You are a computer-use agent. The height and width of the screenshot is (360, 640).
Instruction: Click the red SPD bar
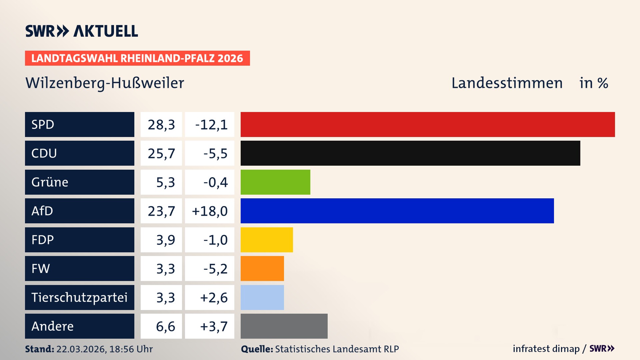[428, 124]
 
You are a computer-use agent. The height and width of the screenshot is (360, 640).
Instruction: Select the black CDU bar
[410, 153]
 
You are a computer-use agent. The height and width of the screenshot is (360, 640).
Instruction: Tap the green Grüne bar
[275, 182]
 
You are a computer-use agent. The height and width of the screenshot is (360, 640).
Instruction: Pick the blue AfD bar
[397, 211]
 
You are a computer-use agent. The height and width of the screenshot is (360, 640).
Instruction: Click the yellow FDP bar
[267, 240]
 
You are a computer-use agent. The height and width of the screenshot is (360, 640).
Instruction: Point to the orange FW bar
[262, 268]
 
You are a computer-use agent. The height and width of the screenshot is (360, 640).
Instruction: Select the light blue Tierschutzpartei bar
[262, 297]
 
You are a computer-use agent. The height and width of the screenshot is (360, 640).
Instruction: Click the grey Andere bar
[284, 326]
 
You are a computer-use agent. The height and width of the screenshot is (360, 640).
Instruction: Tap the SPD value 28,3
[161, 125]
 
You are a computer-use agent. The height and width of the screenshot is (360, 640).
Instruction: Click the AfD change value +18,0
[210, 211]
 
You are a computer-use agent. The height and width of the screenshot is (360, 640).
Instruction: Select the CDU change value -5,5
[215, 154]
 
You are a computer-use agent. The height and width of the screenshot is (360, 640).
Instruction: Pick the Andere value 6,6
[165, 326]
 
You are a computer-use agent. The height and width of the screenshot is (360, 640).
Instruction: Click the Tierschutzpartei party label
[79, 297]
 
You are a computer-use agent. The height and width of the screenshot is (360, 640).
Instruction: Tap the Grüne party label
[50, 182]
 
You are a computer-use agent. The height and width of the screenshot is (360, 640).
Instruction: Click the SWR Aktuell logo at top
[82, 31]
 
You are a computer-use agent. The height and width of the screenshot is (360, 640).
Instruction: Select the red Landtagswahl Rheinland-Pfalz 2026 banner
[137, 58]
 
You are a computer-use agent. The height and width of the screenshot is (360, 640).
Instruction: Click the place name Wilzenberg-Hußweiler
[105, 83]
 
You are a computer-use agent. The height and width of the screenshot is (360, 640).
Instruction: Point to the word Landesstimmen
[507, 83]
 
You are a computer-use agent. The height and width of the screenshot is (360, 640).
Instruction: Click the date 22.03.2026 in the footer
[81, 349]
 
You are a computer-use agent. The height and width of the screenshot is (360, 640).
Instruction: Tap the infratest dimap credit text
[546, 349]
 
